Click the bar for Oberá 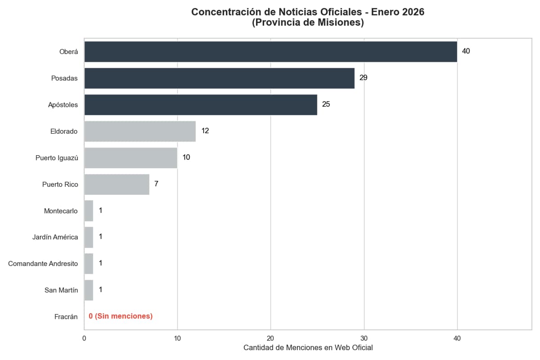tap(270, 52)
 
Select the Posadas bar tap(219, 78)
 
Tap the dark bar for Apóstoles tap(201, 105)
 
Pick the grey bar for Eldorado tap(140, 131)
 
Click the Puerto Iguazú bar tap(130, 158)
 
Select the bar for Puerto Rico tap(117, 184)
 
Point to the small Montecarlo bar tap(89, 211)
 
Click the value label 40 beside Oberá tap(466, 51)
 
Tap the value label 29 tap(363, 78)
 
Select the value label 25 tap(326, 104)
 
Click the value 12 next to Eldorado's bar tap(205, 131)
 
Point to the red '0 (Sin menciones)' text tap(121, 316)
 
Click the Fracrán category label tap(66, 317)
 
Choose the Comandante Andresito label tap(43, 264)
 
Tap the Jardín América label tap(55, 237)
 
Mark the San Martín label tap(61, 290)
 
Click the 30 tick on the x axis tap(364, 338)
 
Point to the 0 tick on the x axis tap(84, 338)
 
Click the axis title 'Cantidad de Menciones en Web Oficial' tap(308, 348)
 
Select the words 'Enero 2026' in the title tap(398, 12)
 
